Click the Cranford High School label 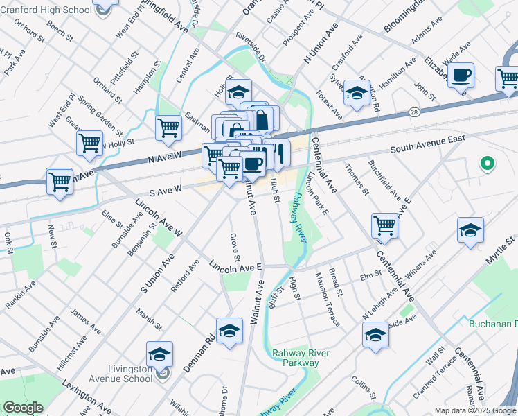coord(46,10)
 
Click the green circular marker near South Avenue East coord(488,164)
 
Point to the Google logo coord(23,408)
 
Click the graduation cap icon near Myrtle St coord(470,230)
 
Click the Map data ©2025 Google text coord(474,410)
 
